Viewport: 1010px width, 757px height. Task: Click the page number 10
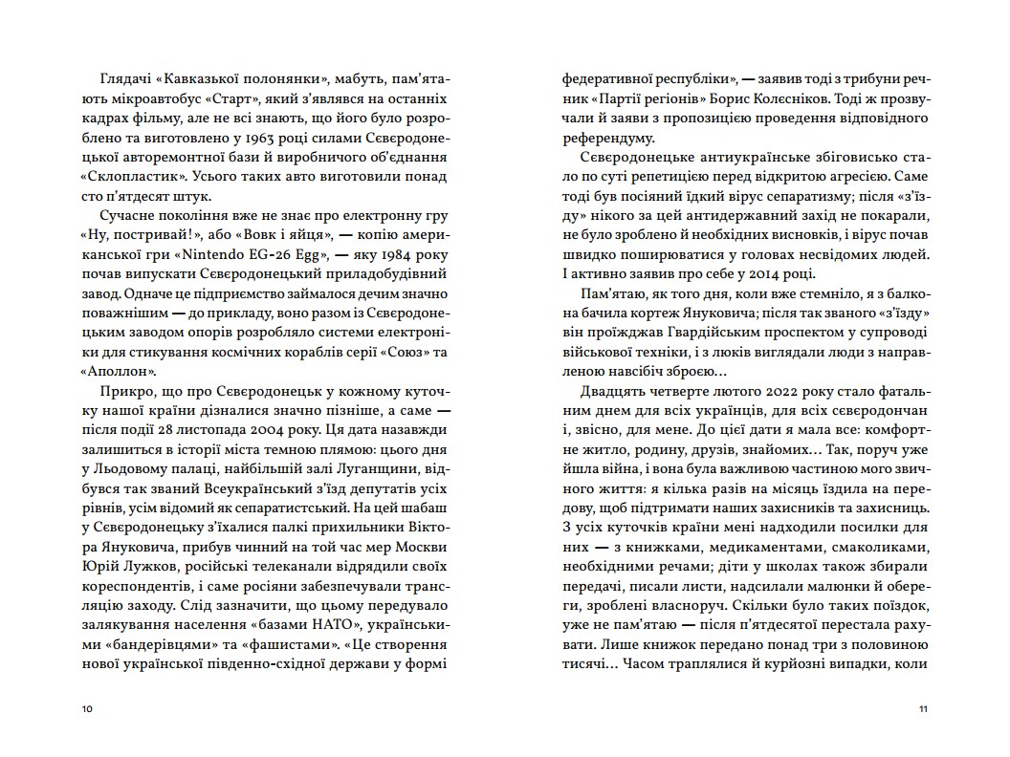pyautogui.click(x=88, y=708)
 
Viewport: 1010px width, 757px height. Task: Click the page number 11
pyautogui.click(x=923, y=708)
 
